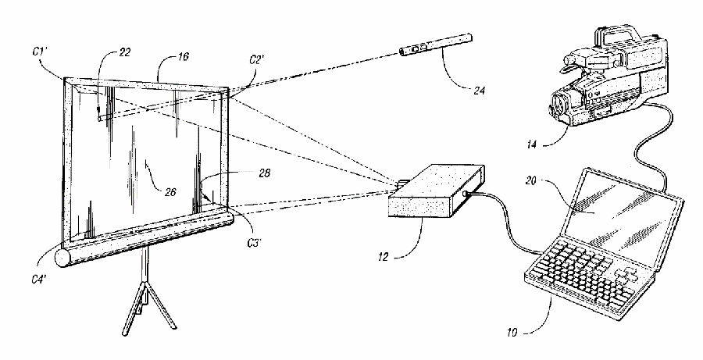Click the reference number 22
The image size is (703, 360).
coord(124,52)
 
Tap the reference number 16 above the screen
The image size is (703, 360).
coord(183,57)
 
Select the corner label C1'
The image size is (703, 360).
coord(40,52)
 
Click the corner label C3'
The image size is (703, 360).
coord(255,243)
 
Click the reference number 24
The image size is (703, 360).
coord(479,91)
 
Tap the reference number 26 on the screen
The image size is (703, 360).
coord(170,192)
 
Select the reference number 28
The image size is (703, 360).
coord(265,173)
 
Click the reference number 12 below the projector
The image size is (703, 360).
coord(384,258)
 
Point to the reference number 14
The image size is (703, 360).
coord(531,144)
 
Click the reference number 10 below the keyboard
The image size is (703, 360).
coord(512,333)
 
